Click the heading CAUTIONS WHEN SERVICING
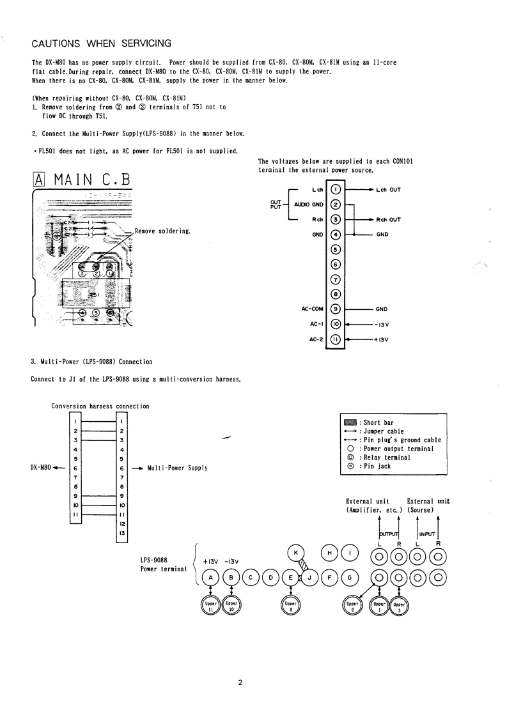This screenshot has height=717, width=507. (x=102, y=43)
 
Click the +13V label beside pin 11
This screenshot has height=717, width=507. (x=382, y=339)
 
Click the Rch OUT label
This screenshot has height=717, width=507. (x=387, y=220)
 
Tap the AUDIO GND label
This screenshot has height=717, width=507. (x=309, y=204)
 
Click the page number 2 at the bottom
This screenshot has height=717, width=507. (x=240, y=682)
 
